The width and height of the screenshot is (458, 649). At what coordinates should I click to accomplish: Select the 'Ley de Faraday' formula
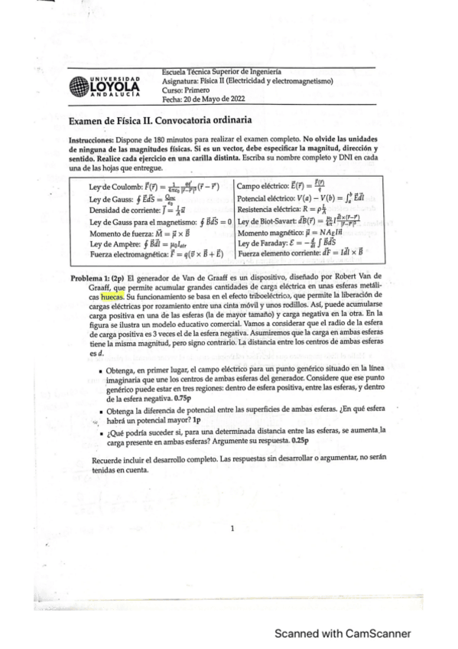pyautogui.click(x=294, y=244)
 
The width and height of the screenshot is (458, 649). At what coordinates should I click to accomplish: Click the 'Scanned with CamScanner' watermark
pyautogui.click(x=343, y=633)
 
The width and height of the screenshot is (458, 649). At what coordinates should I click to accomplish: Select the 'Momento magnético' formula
pyautogui.click(x=292, y=233)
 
